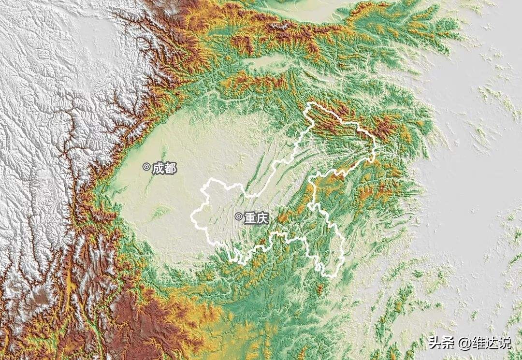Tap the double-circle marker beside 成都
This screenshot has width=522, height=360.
coord(146,167)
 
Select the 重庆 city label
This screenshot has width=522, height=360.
coord(255,218)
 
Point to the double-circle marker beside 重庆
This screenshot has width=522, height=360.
coord(238,216)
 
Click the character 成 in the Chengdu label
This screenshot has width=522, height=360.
coord(158,168)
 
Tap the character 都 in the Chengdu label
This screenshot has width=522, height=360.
coord(170,168)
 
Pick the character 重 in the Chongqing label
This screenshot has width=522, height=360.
coord(249,218)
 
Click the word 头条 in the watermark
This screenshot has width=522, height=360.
coord(439,343)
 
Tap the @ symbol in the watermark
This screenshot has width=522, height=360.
coord(465,344)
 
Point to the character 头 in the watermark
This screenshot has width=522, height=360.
coord(433,343)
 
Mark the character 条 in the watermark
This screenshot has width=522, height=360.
coord(446,343)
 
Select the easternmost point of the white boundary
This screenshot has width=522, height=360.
coord(375,145)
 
